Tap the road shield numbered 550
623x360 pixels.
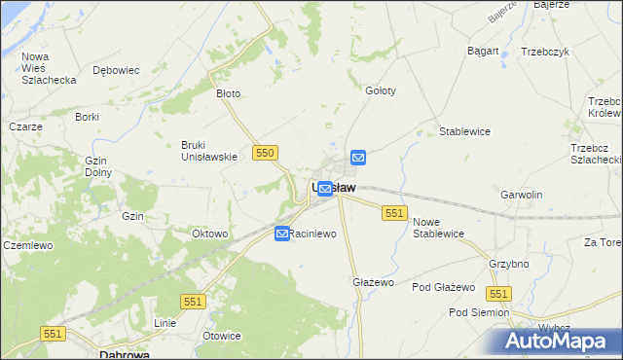(266, 153)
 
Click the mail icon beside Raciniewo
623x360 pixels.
(282, 234)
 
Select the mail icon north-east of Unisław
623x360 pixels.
(358, 157)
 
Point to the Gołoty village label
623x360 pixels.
(380, 90)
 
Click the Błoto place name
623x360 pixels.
(228, 94)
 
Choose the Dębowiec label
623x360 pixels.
(116, 70)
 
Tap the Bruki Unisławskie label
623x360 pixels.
(209, 151)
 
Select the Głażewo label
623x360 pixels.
(372, 282)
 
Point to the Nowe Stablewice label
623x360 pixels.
(438, 228)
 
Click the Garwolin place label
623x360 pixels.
(521, 195)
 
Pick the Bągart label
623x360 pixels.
(483, 51)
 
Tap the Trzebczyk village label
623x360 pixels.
(544, 52)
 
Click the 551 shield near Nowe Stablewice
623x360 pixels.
(394, 213)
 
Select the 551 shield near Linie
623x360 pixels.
(193, 303)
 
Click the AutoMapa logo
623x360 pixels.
(556, 342)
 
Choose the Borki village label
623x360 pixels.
(88, 117)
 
